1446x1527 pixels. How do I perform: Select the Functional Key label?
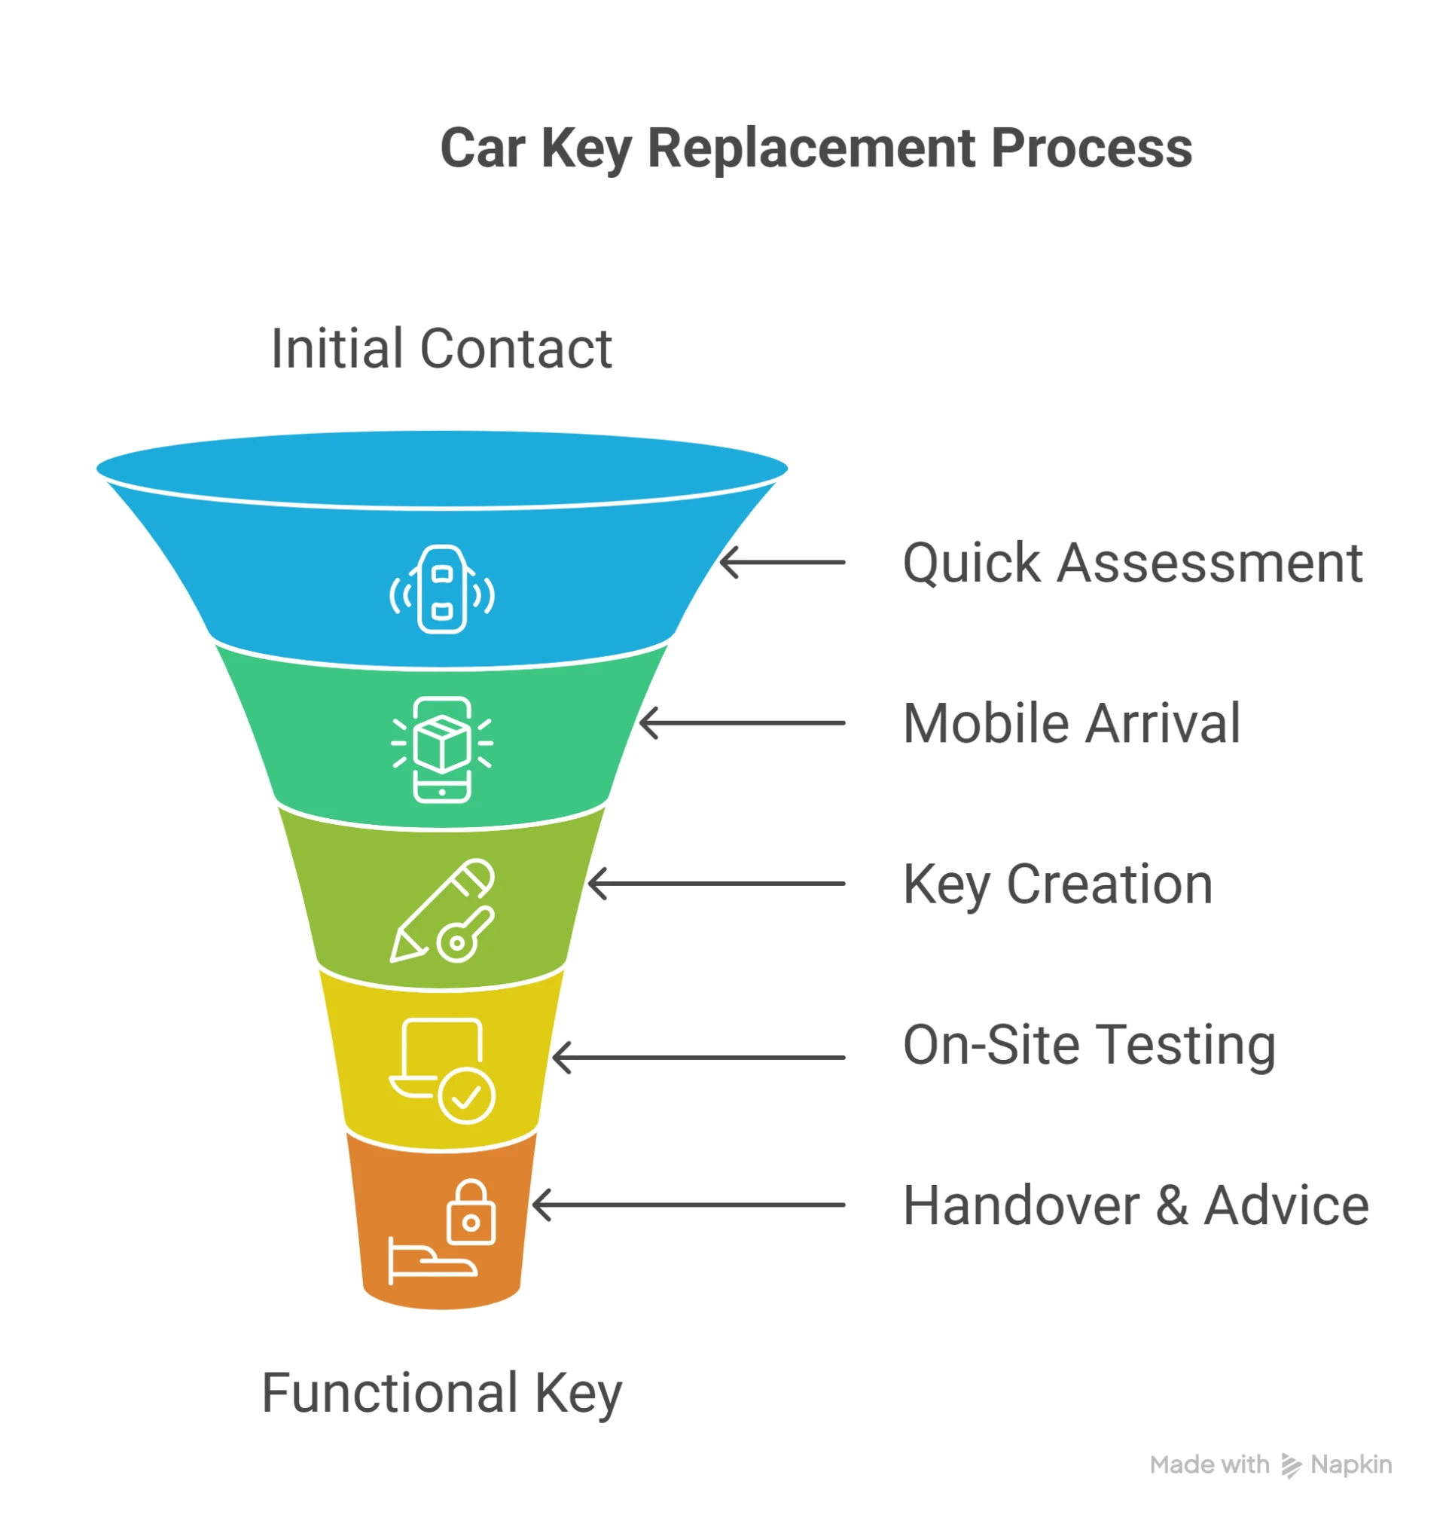tap(441, 1394)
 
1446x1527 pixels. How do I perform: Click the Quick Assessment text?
tap(1132, 563)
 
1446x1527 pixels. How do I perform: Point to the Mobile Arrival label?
tap(1072, 724)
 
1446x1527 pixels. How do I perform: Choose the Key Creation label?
tap(1057, 885)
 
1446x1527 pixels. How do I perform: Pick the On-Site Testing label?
tap(1089, 1045)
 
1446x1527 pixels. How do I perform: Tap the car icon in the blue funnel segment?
tap(441, 590)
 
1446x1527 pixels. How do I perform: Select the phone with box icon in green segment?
tap(441, 750)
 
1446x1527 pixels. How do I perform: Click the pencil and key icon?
tap(441, 910)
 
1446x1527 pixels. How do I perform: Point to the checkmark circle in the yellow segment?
tap(466, 1095)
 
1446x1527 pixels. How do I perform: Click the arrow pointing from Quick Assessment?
tap(782, 563)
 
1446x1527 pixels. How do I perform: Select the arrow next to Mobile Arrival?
tap(743, 723)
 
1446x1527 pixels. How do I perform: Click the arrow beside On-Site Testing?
tap(698, 1058)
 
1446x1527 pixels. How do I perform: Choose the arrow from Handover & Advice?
tap(688, 1205)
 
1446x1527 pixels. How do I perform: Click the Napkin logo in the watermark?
tap(1291, 1465)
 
